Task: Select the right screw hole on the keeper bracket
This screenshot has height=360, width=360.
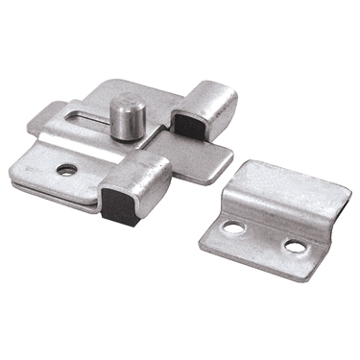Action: [x=295, y=247]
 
